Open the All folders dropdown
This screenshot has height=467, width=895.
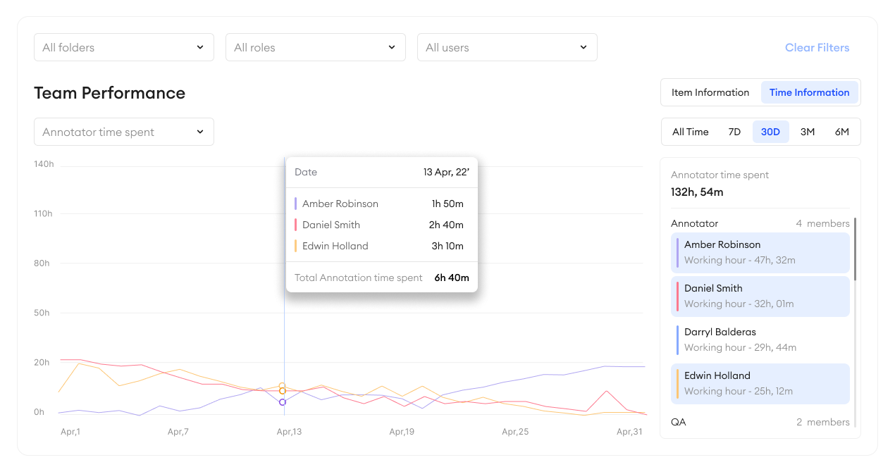[123, 47]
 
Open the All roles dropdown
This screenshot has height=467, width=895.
[315, 47]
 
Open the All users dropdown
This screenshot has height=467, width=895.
[507, 47]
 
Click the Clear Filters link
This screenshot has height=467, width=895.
[817, 48]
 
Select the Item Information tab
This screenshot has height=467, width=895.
[710, 92]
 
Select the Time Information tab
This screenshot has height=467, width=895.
[809, 92]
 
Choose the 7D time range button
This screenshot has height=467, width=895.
[734, 132]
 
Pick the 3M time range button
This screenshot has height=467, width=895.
[808, 132]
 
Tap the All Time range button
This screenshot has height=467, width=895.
[690, 132]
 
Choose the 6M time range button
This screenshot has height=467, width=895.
[841, 132]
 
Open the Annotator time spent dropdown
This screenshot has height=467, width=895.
[123, 132]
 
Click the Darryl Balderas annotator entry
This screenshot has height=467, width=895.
[760, 340]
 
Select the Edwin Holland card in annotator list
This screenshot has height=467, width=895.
[760, 383]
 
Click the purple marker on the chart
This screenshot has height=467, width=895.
[283, 402]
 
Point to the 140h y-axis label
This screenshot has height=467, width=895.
[44, 164]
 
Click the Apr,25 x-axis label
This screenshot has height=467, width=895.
[514, 432]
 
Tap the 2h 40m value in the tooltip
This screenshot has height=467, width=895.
[446, 225]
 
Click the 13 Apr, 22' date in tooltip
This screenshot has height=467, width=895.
[446, 172]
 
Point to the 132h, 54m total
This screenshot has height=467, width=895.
[697, 192]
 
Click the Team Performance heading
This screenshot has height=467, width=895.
[109, 93]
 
